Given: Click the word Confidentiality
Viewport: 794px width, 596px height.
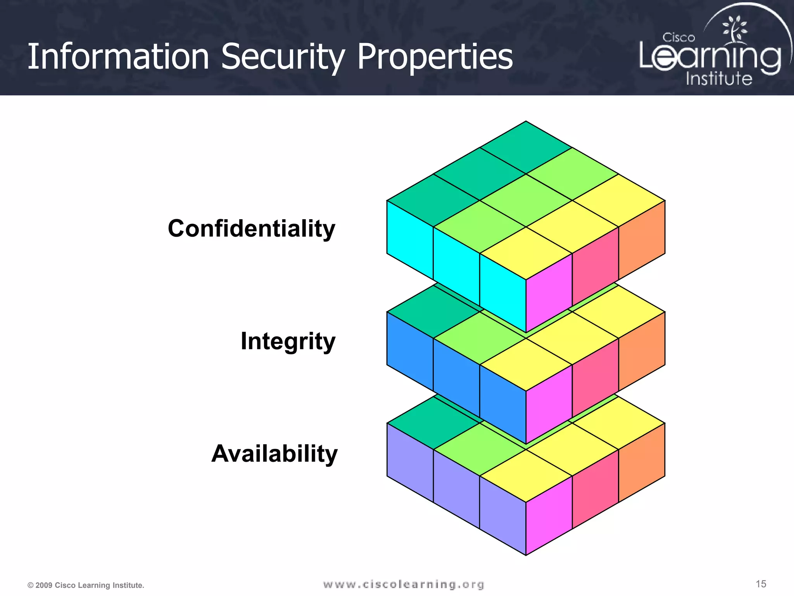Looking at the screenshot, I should [251, 229].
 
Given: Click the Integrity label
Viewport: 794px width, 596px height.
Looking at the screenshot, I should [288, 341].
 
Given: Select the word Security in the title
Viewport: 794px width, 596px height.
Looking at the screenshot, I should [283, 57].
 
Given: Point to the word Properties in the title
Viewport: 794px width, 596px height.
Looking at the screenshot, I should [435, 57].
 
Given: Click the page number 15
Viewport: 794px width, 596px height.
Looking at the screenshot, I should [761, 584].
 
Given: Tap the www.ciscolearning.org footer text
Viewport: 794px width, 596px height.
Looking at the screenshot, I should [404, 584].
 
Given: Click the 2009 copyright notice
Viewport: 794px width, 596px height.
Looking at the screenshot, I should [86, 585].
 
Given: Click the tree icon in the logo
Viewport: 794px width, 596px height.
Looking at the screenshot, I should [734, 29].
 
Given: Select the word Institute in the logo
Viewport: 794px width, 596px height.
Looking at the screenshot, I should [719, 79].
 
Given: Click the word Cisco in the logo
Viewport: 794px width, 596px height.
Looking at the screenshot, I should [678, 38].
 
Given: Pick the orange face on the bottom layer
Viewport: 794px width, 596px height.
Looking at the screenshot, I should [642, 463].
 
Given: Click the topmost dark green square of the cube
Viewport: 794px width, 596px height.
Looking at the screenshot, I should [526, 147].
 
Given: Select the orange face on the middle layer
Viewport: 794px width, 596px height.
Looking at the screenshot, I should [642, 351].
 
